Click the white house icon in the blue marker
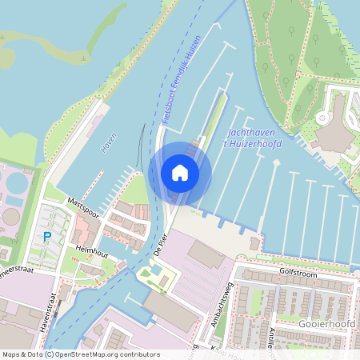click(180, 173)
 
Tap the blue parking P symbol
click(47, 236)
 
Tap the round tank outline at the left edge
click(10, 216)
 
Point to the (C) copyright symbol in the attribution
click(50, 354)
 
